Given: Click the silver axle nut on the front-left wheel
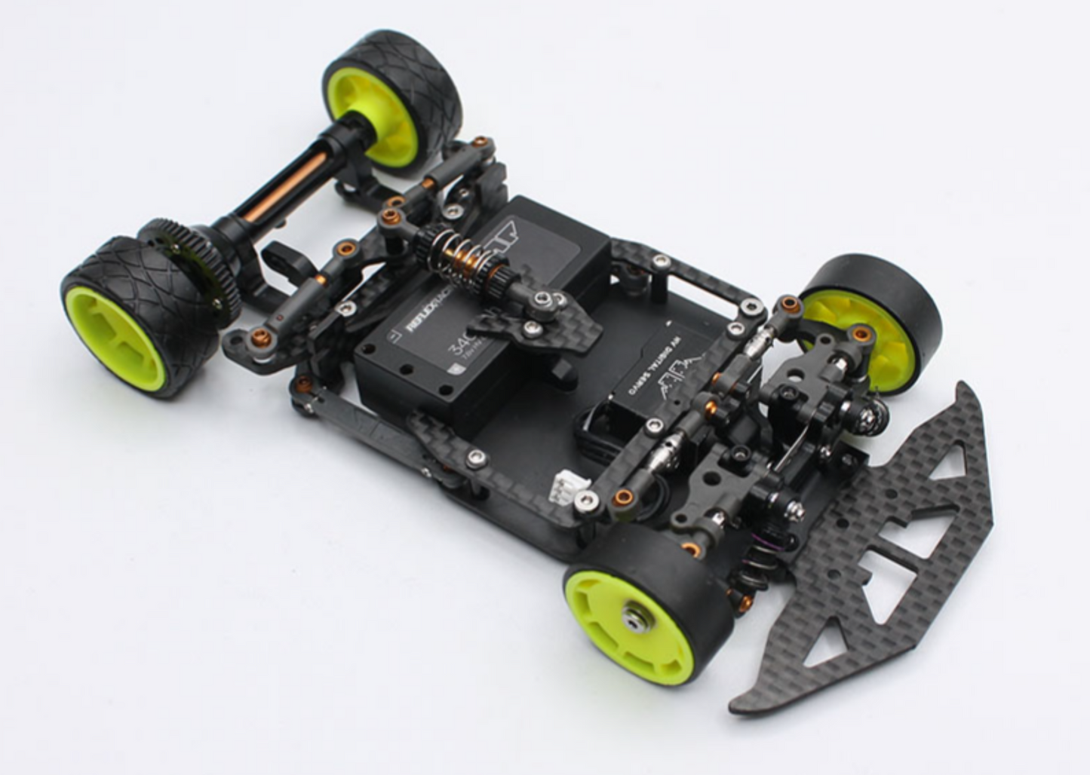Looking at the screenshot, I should (631, 618).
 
